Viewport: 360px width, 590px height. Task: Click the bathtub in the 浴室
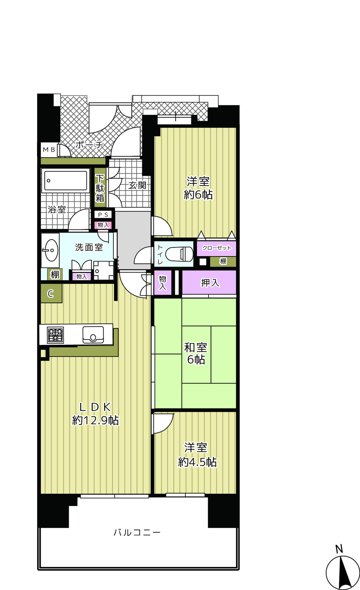(65, 181)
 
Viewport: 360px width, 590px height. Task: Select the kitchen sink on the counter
(93, 335)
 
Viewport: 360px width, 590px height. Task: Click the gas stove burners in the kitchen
(55, 335)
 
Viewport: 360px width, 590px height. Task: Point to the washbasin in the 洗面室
(50, 250)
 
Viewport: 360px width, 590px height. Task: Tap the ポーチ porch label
(89, 145)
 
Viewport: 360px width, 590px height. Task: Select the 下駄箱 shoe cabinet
(100, 188)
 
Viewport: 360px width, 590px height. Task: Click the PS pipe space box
(103, 215)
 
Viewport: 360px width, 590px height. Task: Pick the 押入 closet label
(210, 283)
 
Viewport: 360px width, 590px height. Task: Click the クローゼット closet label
(217, 248)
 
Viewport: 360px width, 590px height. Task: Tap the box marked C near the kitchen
(51, 294)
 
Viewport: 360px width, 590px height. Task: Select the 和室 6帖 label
(195, 353)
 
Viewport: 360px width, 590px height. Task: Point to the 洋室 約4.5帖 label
(197, 455)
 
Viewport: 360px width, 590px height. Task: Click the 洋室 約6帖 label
(198, 188)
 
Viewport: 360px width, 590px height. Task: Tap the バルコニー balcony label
(137, 532)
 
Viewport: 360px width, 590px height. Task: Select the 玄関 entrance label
(138, 186)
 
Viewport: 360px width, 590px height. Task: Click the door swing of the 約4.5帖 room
(163, 424)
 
